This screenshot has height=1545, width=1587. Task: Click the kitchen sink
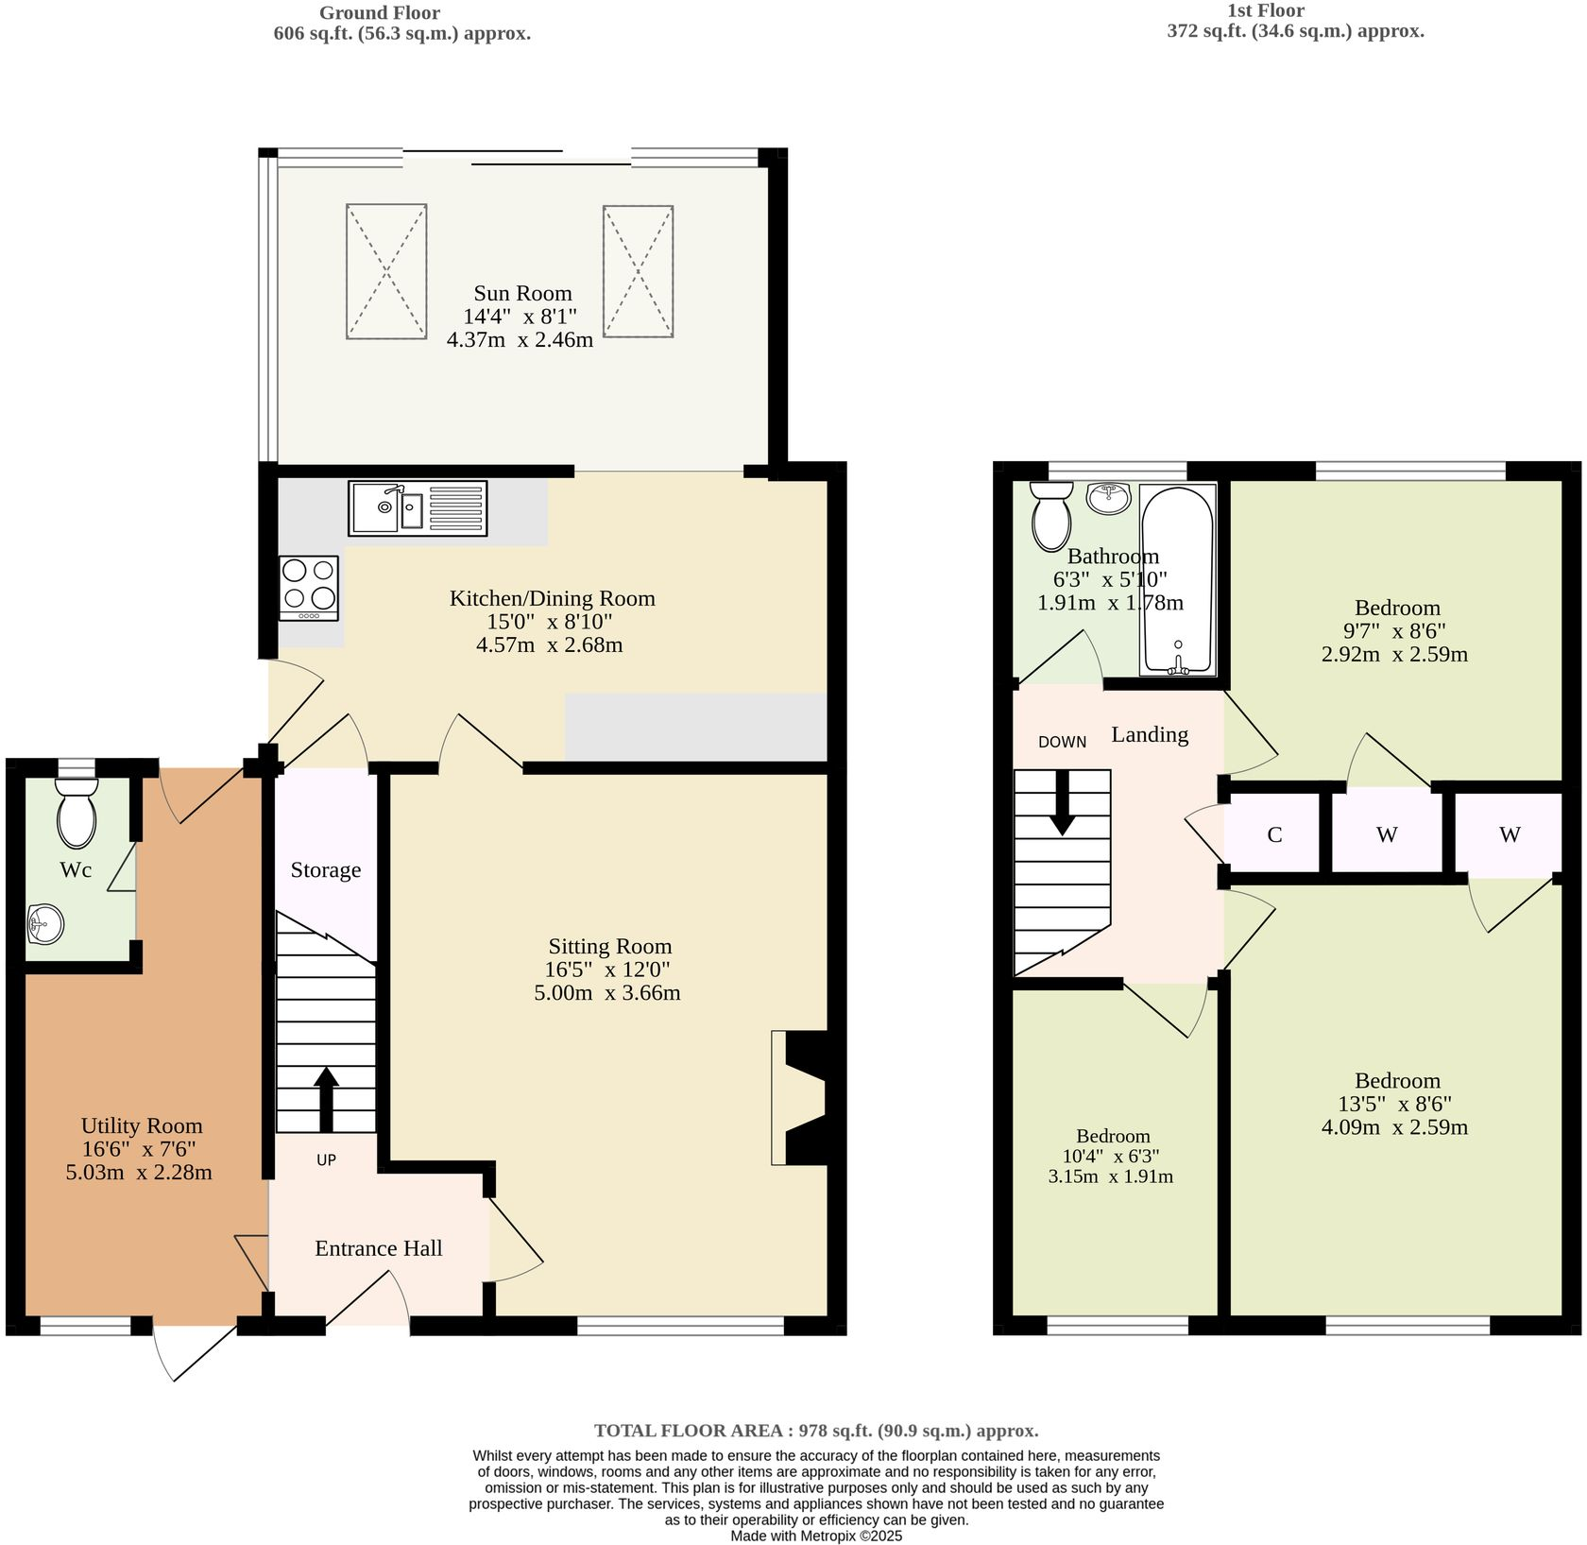[417, 508]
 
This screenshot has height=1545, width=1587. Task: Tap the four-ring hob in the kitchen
[309, 586]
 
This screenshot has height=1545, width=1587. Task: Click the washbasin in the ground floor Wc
[45, 923]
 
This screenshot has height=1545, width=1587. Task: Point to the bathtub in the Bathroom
[1177, 579]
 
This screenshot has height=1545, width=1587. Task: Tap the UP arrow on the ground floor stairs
[326, 1098]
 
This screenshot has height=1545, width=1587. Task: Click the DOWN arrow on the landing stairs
[1063, 803]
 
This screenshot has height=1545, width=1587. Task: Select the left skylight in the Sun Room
[386, 271]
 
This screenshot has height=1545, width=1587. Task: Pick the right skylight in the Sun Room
[639, 270]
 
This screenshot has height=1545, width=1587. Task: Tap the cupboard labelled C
[1274, 834]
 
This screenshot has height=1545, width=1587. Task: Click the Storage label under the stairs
[325, 870]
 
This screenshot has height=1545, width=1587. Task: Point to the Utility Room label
[142, 1125]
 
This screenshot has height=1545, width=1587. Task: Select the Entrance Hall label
[378, 1248]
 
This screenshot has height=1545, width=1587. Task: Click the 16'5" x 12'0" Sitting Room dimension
[607, 970]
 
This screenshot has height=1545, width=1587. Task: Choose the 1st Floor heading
[1265, 10]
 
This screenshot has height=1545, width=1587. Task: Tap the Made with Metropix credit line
[816, 1536]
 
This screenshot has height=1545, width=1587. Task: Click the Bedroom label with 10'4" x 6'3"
[1113, 1136]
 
